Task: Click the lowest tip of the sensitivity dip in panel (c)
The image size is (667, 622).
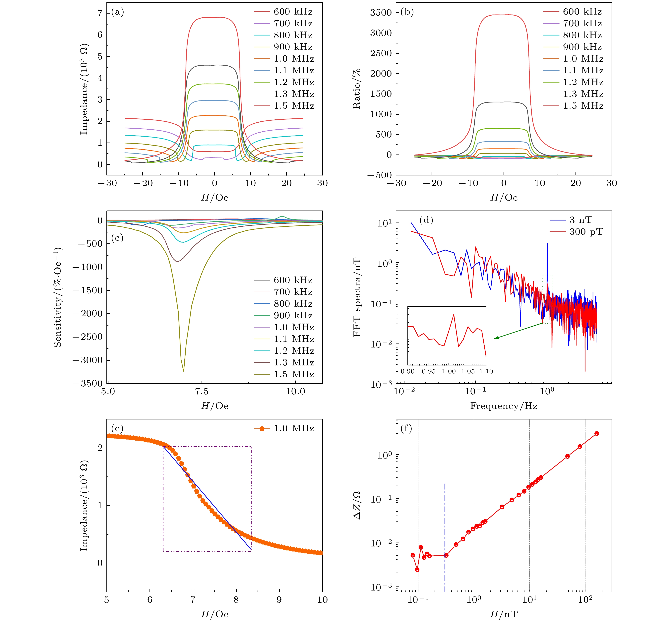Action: (184, 371)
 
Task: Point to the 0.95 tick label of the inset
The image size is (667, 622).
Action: (428, 371)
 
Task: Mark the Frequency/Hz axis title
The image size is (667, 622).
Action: (504, 406)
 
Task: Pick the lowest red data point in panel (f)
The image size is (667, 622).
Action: (417, 570)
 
